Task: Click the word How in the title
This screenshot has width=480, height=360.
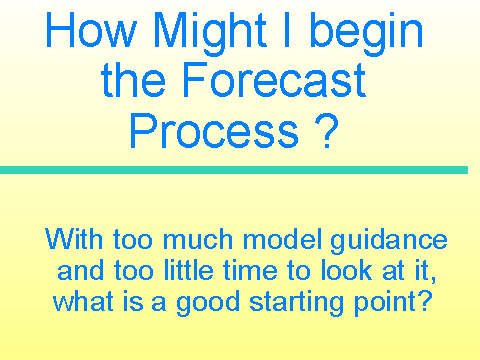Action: [x=91, y=29]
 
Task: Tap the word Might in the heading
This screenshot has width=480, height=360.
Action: [x=210, y=33]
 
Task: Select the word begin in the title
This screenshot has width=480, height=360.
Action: [x=366, y=33]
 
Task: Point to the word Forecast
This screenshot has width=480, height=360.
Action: [x=275, y=80]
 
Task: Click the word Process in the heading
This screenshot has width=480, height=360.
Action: [x=214, y=131]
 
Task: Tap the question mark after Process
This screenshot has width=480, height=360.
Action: [x=326, y=131]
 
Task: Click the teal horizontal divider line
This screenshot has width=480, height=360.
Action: [x=234, y=170]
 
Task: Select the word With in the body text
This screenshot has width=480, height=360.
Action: [x=74, y=239]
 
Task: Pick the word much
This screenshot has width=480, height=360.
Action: [x=198, y=239]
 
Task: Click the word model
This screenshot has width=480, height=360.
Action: [x=283, y=239]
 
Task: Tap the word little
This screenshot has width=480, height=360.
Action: [x=189, y=270]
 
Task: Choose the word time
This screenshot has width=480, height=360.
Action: [x=250, y=270]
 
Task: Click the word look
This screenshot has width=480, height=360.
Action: [x=346, y=270]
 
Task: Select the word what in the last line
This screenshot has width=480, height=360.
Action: [x=83, y=301]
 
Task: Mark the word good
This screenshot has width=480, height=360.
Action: [x=208, y=304]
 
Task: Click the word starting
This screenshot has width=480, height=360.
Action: [x=296, y=304]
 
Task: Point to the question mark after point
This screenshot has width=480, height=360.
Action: [x=425, y=301]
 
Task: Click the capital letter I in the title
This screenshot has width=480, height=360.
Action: [x=286, y=29]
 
